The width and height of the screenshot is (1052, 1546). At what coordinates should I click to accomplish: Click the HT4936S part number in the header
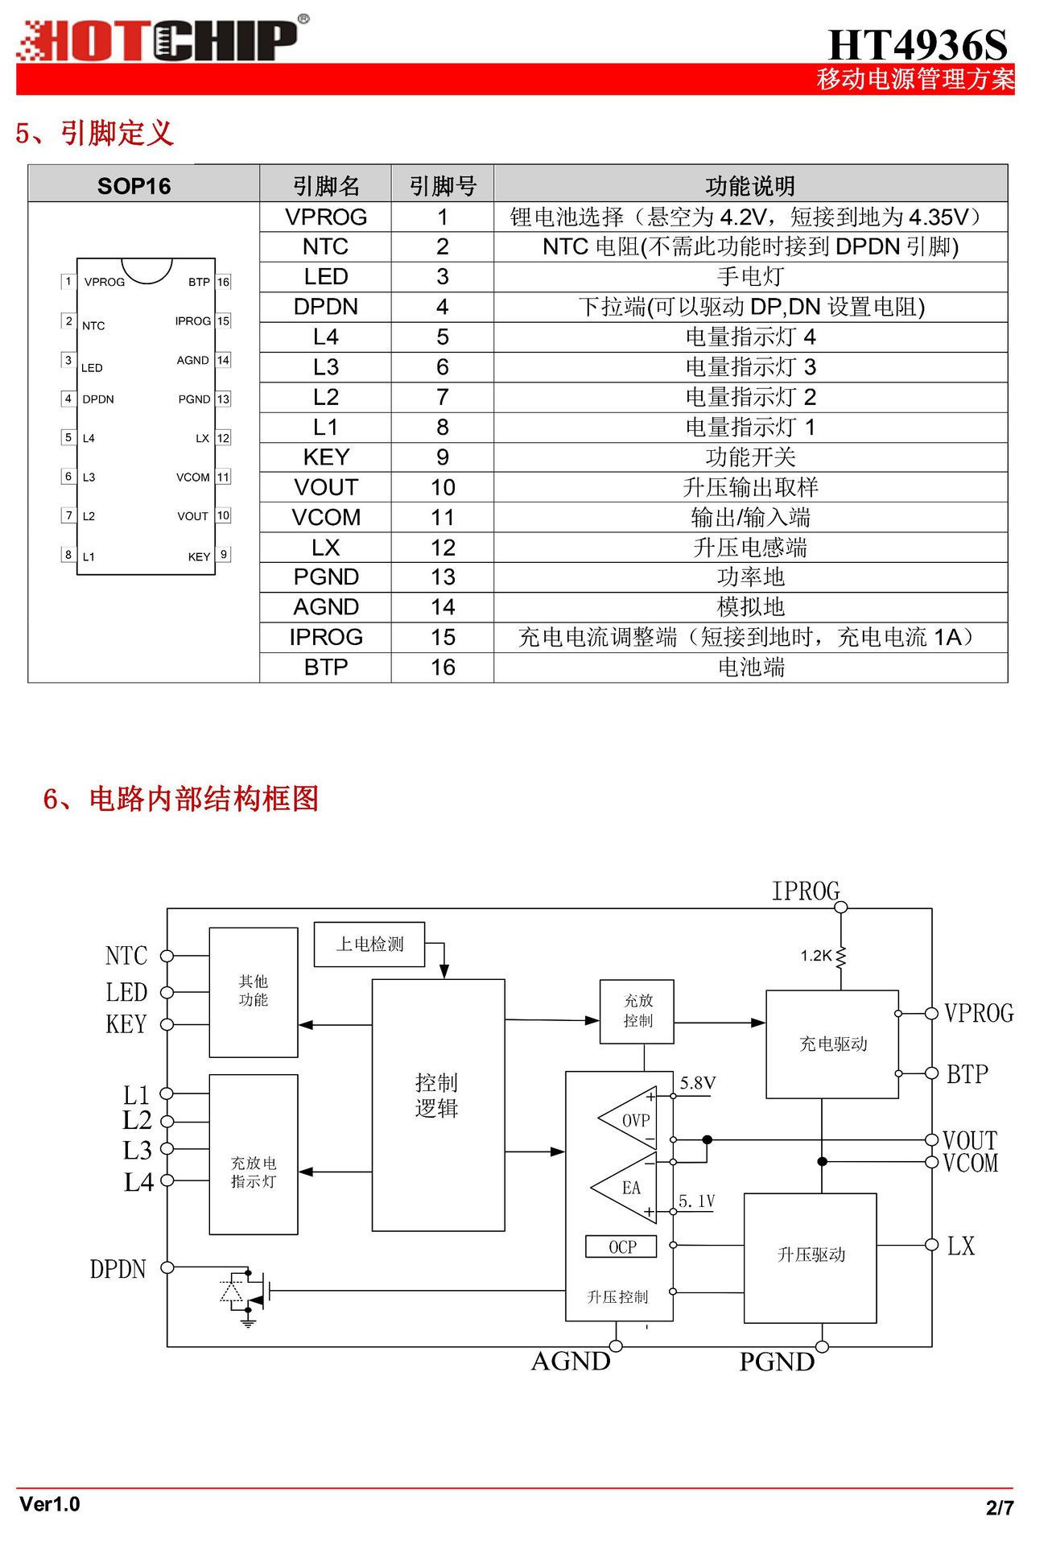point(917,44)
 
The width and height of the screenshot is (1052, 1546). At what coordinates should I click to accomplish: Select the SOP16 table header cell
point(134,186)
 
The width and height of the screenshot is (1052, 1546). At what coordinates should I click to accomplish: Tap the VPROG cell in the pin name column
point(325,217)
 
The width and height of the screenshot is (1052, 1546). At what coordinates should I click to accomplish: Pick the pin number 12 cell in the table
point(443,548)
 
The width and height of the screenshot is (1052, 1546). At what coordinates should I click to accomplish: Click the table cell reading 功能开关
point(750,457)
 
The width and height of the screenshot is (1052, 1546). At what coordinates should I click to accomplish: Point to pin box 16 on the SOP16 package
point(224,282)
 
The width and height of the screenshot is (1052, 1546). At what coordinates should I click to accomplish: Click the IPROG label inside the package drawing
point(192,321)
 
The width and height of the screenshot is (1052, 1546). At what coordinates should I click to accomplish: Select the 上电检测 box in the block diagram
point(369,944)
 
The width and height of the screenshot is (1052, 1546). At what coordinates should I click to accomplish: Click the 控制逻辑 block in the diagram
point(438,1095)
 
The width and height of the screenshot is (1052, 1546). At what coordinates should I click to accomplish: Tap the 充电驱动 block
point(832,1044)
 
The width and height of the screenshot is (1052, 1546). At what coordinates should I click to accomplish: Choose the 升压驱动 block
point(811,1255)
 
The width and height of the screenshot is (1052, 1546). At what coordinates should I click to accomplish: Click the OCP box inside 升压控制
point(621,1246)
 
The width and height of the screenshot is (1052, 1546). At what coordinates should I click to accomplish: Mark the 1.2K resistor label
point(816,956)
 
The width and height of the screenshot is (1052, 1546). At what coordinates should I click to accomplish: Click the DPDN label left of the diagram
point(118,1269)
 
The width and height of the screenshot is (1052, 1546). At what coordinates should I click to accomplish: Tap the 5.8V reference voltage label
point(697,1083)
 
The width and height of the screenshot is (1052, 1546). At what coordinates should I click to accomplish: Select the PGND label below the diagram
point(777,1362)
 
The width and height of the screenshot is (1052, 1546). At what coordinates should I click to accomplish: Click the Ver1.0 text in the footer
point(50,1504)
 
